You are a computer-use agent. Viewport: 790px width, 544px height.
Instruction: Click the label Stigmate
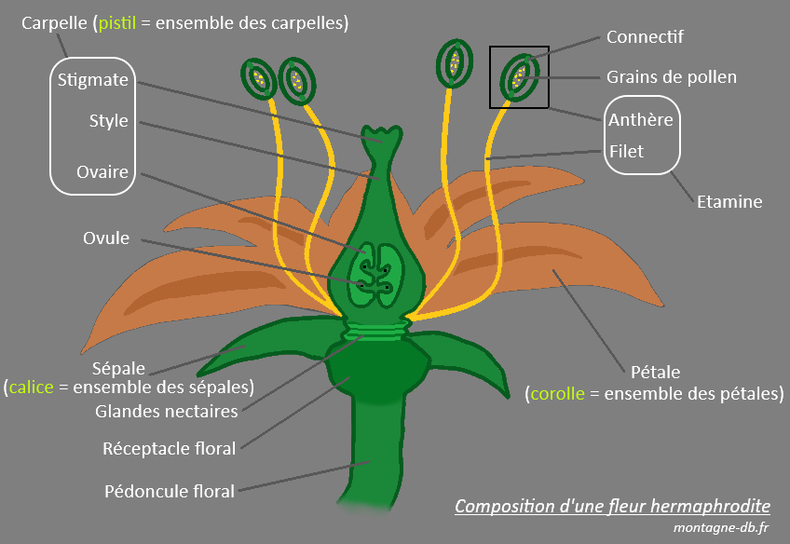(x=92, y=80)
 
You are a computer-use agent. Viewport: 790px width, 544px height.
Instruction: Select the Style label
(x=109, y=121)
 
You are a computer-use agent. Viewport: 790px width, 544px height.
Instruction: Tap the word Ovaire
(x=103, y=172)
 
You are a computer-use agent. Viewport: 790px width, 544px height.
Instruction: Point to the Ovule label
(x=105, y=238)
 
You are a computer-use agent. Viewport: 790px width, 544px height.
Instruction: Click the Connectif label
(x=645, y=37)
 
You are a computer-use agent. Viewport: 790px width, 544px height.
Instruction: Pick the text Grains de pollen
(x=671, y=77)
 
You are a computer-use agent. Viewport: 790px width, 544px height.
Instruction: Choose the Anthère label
(x=640, y=120)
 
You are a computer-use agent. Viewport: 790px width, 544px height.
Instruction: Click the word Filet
(x=626, y=151)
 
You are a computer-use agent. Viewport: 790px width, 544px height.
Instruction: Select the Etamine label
(x=729, y=201)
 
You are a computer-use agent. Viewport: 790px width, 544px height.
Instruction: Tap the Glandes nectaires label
(x=167, y=411)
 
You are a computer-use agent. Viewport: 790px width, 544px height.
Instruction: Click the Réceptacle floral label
(x=169, y=449)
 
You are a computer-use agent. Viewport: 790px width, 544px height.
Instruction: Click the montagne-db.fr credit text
(x=721, y=528)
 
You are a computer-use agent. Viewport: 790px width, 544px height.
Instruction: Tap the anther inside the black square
(x=518, y=75)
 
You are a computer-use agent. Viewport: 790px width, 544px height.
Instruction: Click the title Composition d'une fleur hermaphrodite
(x=612, y=507)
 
